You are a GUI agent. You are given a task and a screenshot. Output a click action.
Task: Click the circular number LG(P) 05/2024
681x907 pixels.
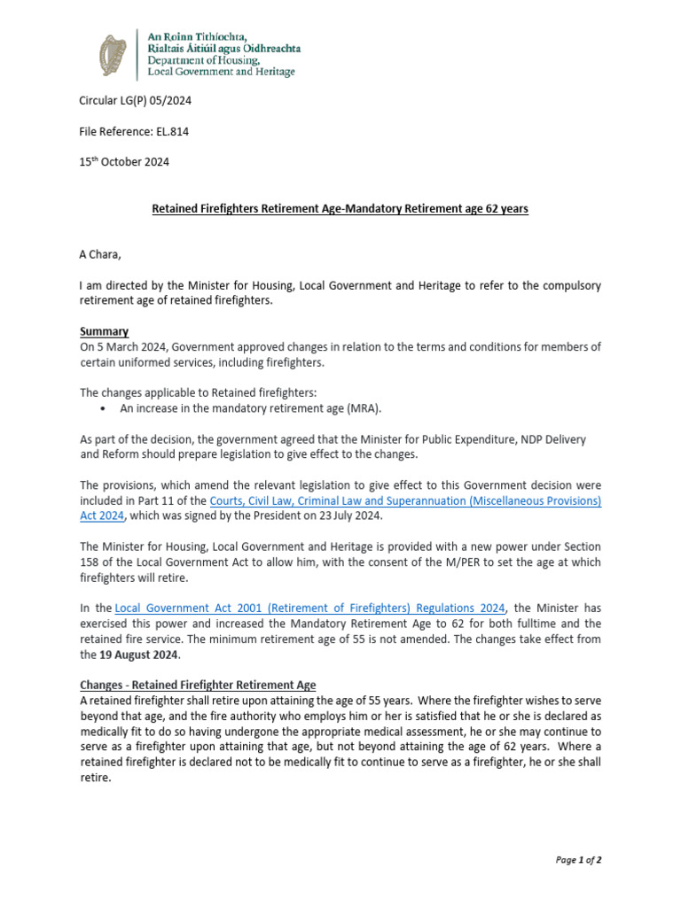135,100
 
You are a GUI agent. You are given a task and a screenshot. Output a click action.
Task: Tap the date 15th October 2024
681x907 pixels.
124,162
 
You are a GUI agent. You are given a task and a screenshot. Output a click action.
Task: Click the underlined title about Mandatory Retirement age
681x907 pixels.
340,209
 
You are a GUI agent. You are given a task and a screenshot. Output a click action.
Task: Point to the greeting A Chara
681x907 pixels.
100,255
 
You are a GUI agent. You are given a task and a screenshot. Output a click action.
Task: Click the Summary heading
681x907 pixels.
104,331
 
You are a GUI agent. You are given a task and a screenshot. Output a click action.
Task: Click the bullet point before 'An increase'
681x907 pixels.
106,408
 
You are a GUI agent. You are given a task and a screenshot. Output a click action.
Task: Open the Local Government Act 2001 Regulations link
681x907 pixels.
310,609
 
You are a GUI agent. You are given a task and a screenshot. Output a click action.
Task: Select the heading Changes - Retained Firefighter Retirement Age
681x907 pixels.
198,686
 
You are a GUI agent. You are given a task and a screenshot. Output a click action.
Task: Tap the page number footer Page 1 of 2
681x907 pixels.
578,859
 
